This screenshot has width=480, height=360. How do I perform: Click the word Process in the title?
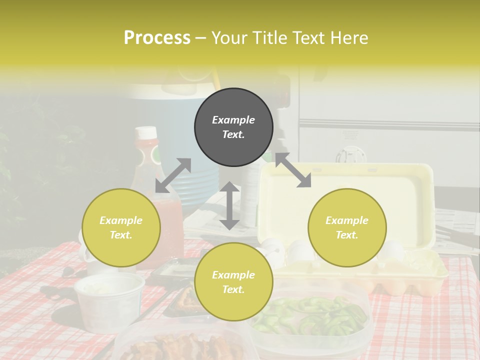point(157,38)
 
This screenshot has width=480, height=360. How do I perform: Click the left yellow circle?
point(121,227)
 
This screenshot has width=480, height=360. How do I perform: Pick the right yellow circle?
point(347,227)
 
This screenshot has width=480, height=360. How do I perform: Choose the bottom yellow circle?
point(233,281)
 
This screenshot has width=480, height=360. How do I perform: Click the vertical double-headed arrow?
point(229,205)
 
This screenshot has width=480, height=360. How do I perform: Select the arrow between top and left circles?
point(173,175)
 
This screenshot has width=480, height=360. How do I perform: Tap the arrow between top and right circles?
point(293,170)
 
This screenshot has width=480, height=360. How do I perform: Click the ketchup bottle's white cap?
point(146,133)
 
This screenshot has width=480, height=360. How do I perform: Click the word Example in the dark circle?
point(233,120)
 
